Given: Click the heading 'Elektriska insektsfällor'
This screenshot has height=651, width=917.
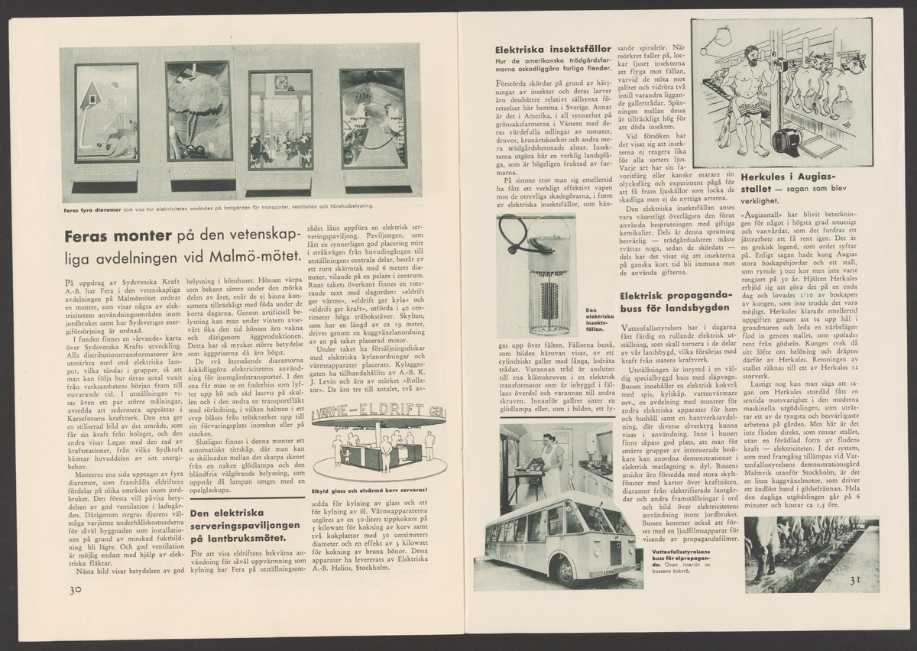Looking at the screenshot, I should pyautogui.click(x=543, y=51).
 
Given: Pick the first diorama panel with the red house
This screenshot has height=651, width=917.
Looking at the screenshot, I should pyautogui.click(x=106, y=112).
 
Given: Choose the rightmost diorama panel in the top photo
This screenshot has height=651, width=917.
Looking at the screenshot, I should pyautogui.click(x=372, y=118).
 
